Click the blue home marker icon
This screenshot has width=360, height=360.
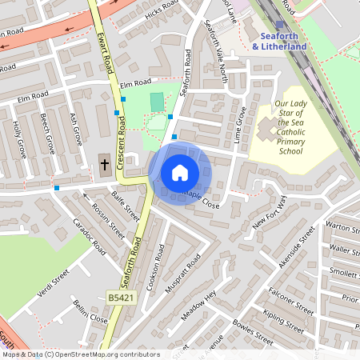tap(180, 173)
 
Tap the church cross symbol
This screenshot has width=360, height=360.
tap(104, 165)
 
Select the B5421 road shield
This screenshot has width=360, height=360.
tap(121, 298)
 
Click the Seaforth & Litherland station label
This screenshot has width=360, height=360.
tap(279, 42)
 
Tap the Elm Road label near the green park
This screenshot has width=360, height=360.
tap(135, 82)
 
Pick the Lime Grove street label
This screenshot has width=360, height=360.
tap(239, 123)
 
